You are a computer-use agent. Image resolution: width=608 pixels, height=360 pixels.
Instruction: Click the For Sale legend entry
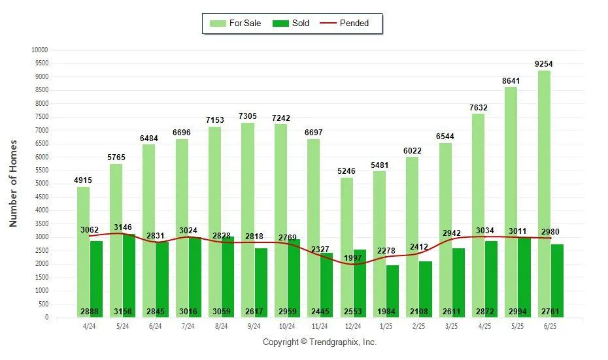pyautogui.click(x=235, y=24)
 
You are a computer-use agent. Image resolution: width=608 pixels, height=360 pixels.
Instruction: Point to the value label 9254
pyautogui.click(x=544, y=64)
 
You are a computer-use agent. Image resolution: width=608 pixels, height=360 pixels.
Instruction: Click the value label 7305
pyautogui.click(x=248, y=116)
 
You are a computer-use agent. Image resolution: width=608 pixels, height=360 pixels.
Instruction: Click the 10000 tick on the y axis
pyautogui.click(x=39, y=50)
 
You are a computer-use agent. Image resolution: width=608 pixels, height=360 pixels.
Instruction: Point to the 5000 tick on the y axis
pyautogui.click(x=41, y=184)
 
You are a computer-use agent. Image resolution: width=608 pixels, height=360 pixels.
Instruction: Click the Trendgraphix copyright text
pyautogui.click(x=320, y=342)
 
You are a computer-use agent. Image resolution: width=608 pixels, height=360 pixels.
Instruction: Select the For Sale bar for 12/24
pyautogui.click(x=346, y=248)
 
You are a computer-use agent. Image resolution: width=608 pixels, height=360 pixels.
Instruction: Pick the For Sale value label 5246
pyautogui.click(x=346, y=171)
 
